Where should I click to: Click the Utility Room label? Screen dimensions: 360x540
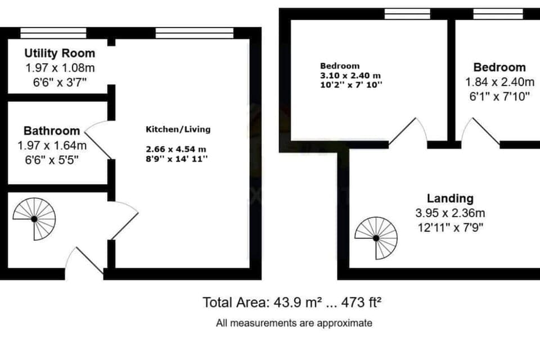pyautogui.click(x=60, y=54)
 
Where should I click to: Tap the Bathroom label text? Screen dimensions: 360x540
pyautogui.click(x=52, y=131)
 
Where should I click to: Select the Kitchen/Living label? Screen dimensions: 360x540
pyautogui.click(x=178, y=129)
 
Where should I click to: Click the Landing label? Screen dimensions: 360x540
pyautogui.click(x=450, y=198)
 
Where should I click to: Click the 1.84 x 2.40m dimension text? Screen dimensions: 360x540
pyautogui.click(x=498, y=82)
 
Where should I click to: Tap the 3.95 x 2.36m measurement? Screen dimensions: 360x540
pyautogui.click(x=450, y=213)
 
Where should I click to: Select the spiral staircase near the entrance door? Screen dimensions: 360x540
pyautogui.click(x=34, y=218)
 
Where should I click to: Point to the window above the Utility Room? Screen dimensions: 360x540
pyautogui.click(x=53, y=33)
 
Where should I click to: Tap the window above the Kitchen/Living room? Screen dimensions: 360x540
pyautogui.click(x=194, y=33)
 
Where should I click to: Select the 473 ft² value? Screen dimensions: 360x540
pyautogui.click(x=363, y=303)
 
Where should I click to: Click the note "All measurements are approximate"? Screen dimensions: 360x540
pyautogui.click(x=294, y=323)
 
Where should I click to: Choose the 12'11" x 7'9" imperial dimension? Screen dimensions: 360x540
pyautogui.click(x=450, y=228)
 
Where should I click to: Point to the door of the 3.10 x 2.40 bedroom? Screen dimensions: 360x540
pyautogui.click(x=408, y=132)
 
